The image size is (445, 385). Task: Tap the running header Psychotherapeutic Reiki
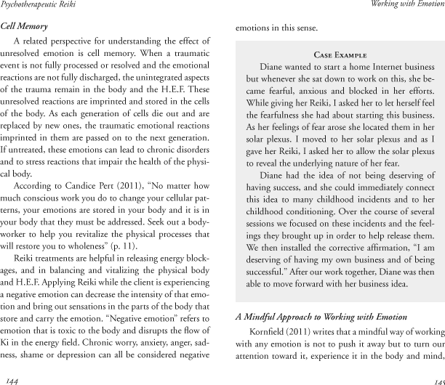coord(43,6)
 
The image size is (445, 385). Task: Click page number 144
coord(11,380)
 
